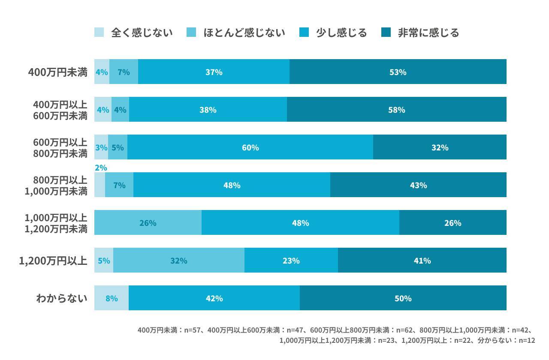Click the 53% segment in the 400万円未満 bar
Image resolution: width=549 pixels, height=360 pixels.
tap(398, 72)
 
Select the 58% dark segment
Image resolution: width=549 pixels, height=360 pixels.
tap(396, 110)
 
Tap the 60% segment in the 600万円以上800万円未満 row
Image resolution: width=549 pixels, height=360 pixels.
tap(250, 147)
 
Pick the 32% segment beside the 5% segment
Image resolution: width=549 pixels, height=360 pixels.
tap(178, 261)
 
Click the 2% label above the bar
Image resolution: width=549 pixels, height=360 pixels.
tap(100, 168)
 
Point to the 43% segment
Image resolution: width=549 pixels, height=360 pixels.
tap(418, 185)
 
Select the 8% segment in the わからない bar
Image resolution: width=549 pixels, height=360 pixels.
tap(111, 298)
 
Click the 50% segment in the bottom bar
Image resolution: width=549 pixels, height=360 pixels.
tap(403, 298)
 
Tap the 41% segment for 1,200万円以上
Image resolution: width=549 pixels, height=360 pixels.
tap(422, 261)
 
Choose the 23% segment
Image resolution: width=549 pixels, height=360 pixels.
tap(291, 261)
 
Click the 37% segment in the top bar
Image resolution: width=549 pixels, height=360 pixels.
tap(214, 72)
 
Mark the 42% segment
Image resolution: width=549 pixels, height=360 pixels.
tap(214, 298)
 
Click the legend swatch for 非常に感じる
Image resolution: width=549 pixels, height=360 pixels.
tap(386, 33)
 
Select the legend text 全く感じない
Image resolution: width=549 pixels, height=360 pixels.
tap(142, 33)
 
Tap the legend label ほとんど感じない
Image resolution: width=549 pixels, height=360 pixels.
tap(244, 33)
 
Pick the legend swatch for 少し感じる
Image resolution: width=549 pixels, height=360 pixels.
tap(304, 33)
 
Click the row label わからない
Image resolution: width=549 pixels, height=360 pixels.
tap(61, 298)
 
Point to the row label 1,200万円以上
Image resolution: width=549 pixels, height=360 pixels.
tap(53, 261)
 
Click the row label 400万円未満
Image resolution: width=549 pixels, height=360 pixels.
tap(57, 72)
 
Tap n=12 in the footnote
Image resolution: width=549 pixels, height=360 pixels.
tap(527, 341)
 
